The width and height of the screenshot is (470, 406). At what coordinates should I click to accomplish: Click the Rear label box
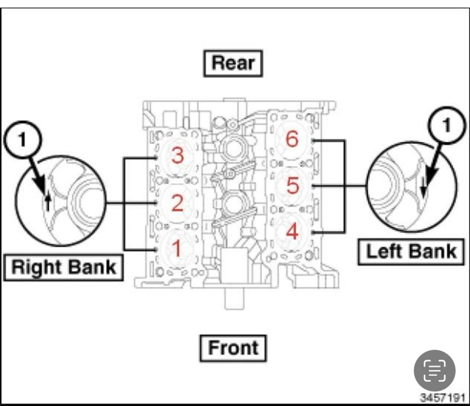point(233,63)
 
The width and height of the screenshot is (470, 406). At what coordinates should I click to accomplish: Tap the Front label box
point(233,348)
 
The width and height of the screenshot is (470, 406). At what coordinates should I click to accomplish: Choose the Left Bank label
point(411,251)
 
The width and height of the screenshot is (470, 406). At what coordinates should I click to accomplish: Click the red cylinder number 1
point(176,248)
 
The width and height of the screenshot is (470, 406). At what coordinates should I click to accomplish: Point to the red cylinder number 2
point(177,203)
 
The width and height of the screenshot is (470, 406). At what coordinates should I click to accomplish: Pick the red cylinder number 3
point(177,156)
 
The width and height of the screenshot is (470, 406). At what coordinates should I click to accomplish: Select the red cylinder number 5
point(292,186)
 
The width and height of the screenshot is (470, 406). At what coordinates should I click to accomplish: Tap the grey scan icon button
point(435,371)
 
